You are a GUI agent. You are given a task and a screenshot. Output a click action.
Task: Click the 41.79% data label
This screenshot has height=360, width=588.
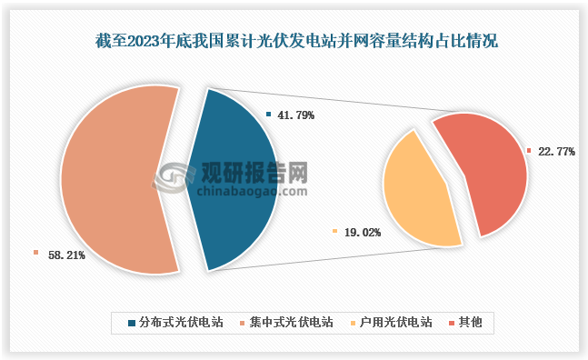[x=296, y=115]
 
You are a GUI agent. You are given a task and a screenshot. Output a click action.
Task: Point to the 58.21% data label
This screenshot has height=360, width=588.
[x=65, y=255]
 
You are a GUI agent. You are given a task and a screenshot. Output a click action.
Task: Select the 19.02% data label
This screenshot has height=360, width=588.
[x=363, y=233]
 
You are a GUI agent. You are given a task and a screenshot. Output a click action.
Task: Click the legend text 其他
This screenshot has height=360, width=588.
[x=471, y=323]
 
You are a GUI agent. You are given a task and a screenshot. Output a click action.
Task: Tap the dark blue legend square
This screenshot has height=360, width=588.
[x=133, y=323]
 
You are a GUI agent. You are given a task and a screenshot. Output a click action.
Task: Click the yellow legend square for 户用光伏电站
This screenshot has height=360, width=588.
[x=354, y=323]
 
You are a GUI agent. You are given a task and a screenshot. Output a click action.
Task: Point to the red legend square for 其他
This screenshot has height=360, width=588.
[x=453, y=323]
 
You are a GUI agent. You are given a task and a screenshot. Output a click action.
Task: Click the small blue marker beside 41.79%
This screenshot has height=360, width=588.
[x=269, y=115]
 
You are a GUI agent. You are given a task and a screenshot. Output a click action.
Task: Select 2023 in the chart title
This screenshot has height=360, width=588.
[x=150, y=40]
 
